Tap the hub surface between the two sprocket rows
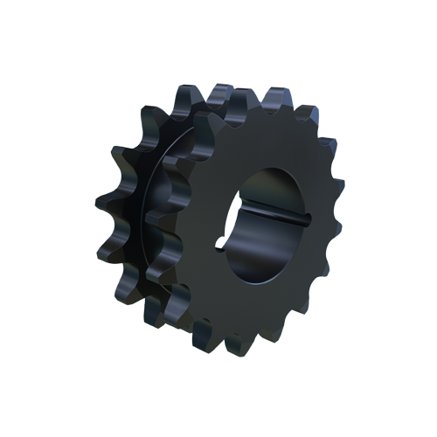tap(162, 210)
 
